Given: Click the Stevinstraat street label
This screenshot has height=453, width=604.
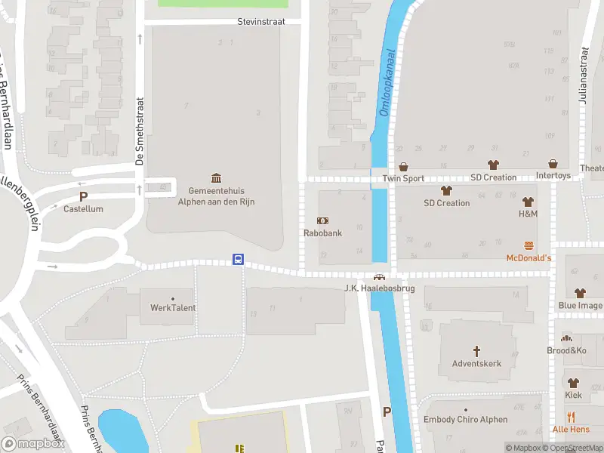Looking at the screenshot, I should click(x=260, y=22).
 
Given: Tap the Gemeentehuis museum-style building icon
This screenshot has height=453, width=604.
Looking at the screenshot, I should click(x=217, y=177).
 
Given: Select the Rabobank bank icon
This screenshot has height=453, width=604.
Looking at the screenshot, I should click(x=322, y=220).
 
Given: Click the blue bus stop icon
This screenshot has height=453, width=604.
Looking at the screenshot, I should click(x=238, y=260).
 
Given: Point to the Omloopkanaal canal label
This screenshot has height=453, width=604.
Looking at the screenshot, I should click(x=386, y=83).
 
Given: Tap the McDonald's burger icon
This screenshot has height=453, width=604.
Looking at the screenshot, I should click(x=528, y=245).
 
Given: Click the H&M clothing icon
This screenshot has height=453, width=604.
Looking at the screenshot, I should click(x=528, y=202).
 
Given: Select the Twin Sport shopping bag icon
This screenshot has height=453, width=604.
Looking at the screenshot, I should click(x=403, y=166).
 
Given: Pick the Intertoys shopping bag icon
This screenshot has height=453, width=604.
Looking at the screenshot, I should click(x=553, y=164).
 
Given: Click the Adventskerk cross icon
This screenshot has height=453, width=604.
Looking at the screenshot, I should click(x=476, y=350).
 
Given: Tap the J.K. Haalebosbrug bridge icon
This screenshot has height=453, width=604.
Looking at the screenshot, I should click(x=379, y=277).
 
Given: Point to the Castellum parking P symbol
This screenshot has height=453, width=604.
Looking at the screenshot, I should click(x=83, y=196).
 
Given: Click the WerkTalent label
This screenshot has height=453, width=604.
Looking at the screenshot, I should click(x=173, y=307).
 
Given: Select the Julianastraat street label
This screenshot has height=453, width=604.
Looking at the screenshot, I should click(x=584, y=75).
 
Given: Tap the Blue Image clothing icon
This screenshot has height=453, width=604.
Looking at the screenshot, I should click(x=580, y=292).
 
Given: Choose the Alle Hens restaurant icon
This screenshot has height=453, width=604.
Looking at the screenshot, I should click(x=571, y=416).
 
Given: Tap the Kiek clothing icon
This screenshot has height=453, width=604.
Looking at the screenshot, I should click(x=573, y=382).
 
